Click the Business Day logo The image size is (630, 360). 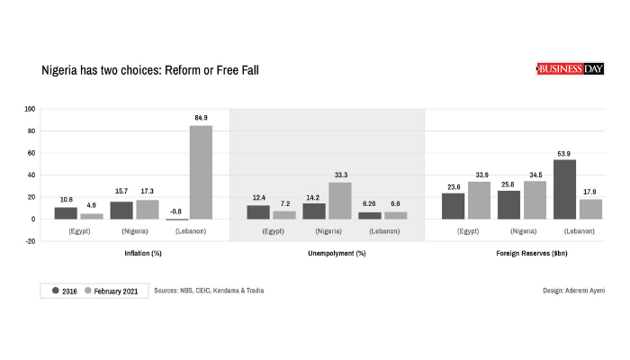point(571,68)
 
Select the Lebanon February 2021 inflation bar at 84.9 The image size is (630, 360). point(201,172)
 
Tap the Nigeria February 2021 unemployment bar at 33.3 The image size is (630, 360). point(340,201)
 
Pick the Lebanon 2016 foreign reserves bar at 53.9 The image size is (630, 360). point(564,189)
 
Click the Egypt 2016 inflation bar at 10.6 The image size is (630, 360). point(66,213)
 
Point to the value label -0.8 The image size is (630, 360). point(176,211)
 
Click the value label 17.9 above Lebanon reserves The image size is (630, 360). point(590,192)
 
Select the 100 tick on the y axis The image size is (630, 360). point(30,110)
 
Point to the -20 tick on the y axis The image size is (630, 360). point(30,241)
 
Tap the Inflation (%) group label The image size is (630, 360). point(142,254)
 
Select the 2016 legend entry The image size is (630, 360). point(63,291)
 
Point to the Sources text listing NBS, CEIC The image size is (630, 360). point(209,291)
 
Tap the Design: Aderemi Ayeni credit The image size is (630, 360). point(573,291)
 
